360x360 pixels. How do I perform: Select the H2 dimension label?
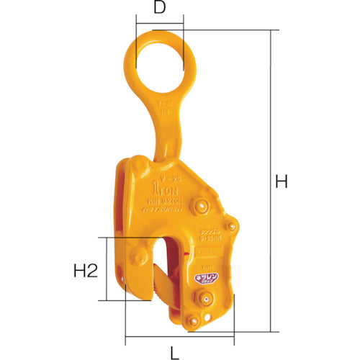pyautogui.click(x=86, y=271)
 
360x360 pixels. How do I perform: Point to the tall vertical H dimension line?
pyautogui.click(x=273, y=180)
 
